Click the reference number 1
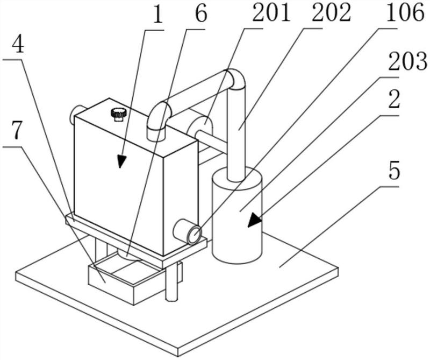(157, 16)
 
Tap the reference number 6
(200, 15)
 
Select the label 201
(271, 12)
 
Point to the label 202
(331, 12)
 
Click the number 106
(405, 12)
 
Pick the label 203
(408, 61)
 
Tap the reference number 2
(395, 100)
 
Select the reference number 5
(395, 171)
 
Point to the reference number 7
(17, 131)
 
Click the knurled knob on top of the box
(118, 115)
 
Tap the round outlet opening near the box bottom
(193, 234)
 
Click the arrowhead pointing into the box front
(121, 161)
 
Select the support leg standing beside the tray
(172, 283)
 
